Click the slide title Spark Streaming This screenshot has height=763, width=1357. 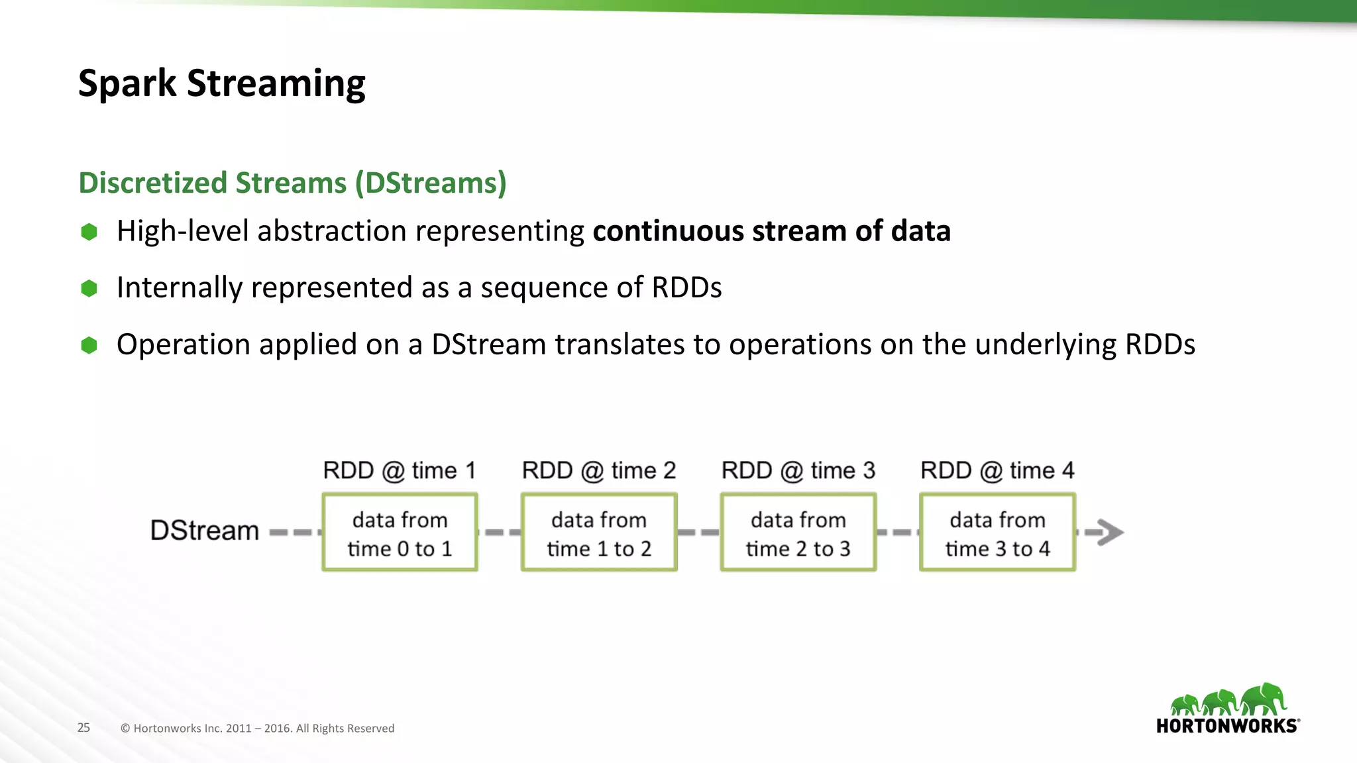221,83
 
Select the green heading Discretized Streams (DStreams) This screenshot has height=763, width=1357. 292,183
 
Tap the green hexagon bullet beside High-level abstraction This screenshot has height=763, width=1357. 89,232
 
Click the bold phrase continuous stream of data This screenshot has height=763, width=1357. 771,231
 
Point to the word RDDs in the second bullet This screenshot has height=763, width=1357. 686,287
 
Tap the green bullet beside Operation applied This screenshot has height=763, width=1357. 89,345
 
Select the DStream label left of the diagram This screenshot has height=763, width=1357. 204,531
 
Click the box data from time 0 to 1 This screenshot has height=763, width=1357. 400,533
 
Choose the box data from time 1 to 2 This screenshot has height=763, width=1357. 599,533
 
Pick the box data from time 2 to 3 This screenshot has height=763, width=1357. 798,533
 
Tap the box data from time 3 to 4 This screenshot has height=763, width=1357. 997,533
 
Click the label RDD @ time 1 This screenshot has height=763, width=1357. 400,470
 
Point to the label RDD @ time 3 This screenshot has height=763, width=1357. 798,470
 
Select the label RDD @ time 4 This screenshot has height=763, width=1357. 997,470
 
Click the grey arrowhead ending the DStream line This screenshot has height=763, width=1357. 1110,532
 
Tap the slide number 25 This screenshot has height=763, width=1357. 83,727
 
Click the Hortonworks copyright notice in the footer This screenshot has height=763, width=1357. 257,728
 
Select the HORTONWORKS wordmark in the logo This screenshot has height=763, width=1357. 1227,726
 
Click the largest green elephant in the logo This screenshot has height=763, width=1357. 1264,699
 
